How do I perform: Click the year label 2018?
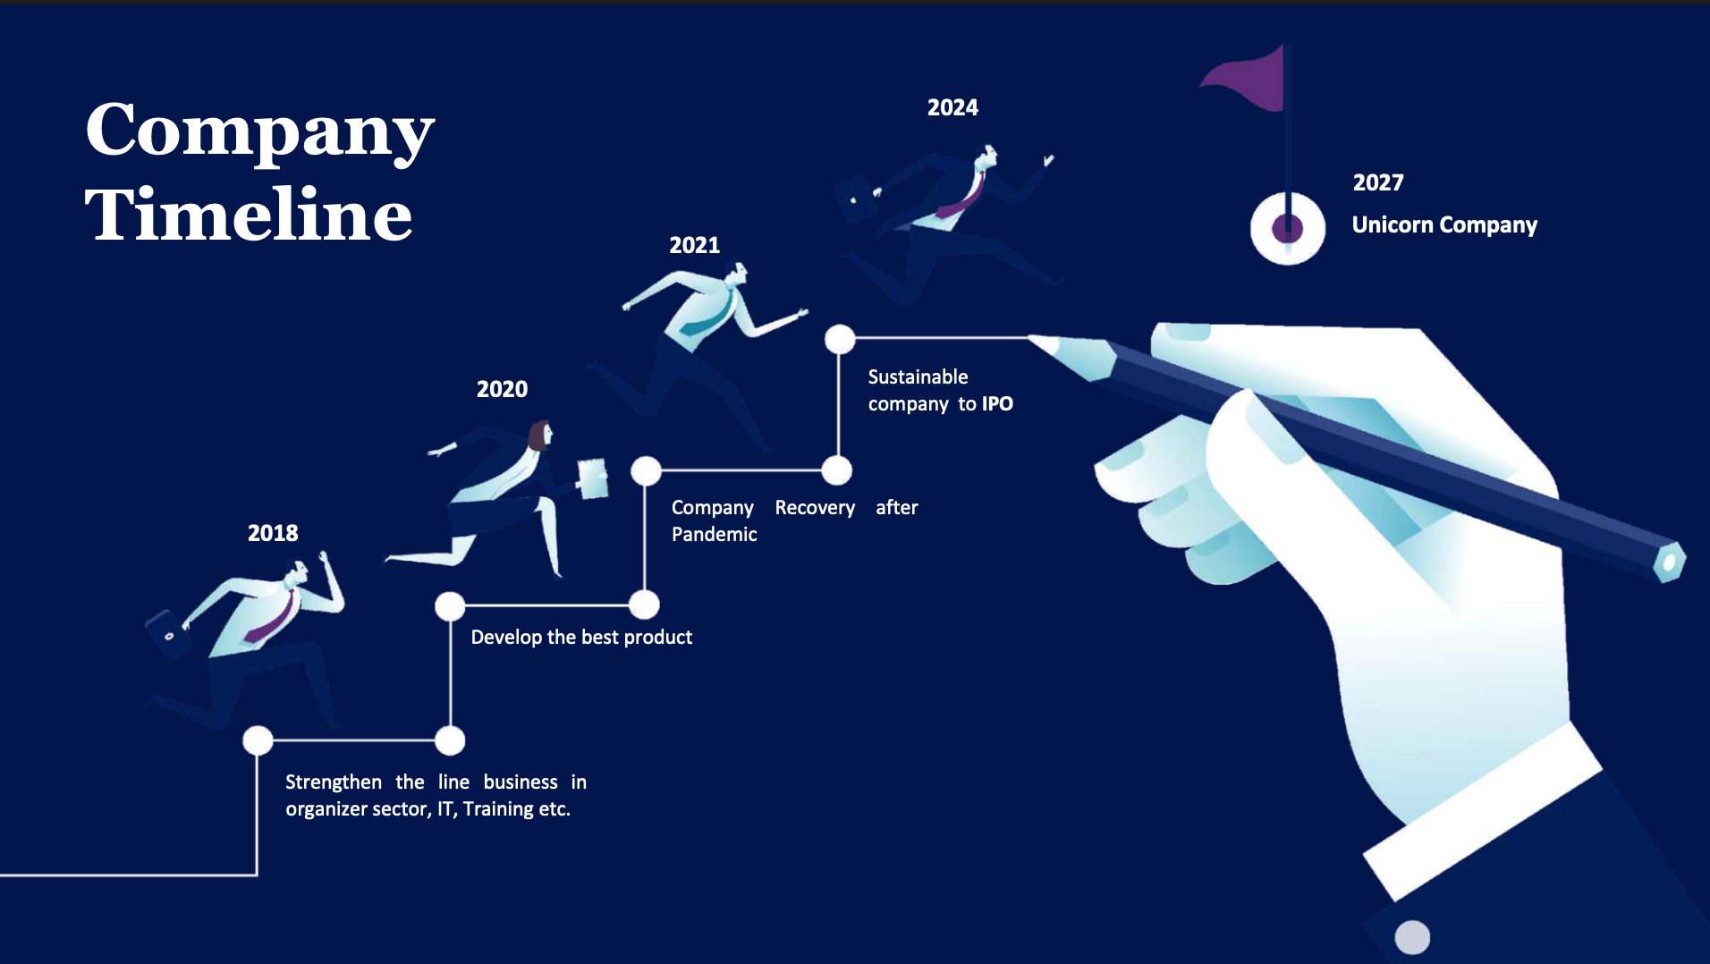[273, 533]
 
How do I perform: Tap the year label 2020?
[502, 389]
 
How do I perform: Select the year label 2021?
[695, 245]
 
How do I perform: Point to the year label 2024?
[952, 107]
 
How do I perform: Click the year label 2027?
[1378, 182]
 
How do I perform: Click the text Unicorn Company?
[1444, 224]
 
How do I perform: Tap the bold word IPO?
[997, 403]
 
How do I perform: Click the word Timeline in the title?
[249, 214]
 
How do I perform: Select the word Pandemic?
[715, 534]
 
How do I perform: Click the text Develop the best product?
[581, 638]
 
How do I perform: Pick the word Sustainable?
[918, 376]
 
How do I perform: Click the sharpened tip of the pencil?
[1034, 338]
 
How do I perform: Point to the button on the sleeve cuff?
[1412, 937]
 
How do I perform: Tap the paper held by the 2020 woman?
[593, 478]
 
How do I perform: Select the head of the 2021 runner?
[737, 273]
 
